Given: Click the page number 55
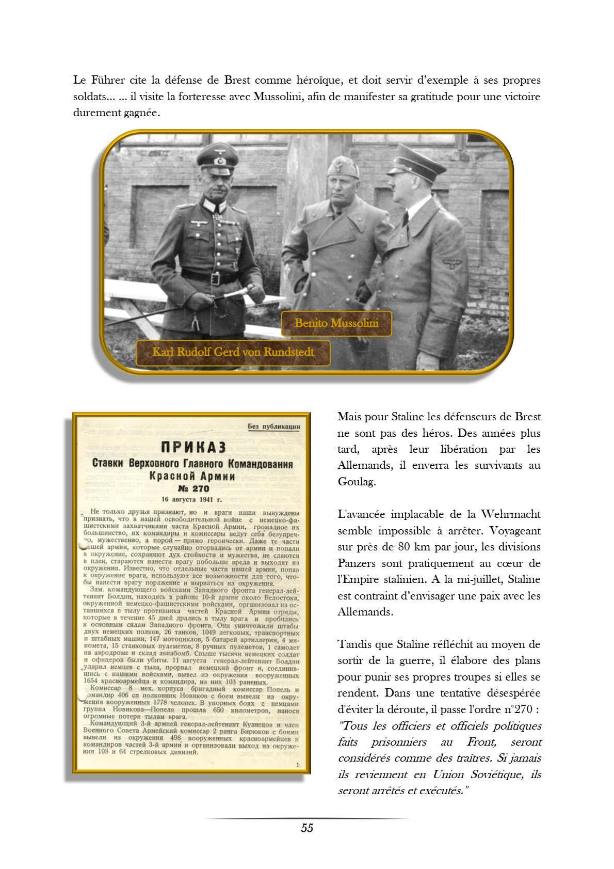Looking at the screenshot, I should coord(307,828).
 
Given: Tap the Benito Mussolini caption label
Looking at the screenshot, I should coord(336,323).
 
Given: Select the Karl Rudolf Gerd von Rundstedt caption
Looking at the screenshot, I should coord(233,352).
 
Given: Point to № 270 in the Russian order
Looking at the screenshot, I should coord(193,488).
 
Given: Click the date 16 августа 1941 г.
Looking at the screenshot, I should coord(191,499).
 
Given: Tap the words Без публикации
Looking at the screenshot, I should coord(273,426).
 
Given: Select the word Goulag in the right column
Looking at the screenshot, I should coord(357,482).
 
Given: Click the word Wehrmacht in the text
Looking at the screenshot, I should coord(511,514).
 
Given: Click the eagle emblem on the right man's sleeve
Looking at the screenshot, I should coord(453,264).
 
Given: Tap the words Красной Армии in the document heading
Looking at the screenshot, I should coord(192,476).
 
